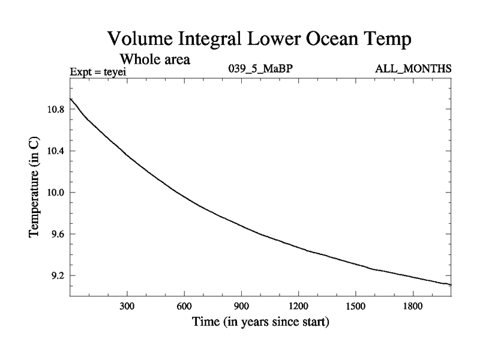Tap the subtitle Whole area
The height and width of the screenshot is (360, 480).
(155, 59)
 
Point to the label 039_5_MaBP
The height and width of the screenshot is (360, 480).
(260, 69)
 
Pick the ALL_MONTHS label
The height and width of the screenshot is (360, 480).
(413, 69)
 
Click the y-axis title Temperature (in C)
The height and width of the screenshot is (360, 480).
(34, 191)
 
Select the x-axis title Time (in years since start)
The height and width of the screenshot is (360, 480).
(260, 322)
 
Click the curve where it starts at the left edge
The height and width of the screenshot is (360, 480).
(71, 98)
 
